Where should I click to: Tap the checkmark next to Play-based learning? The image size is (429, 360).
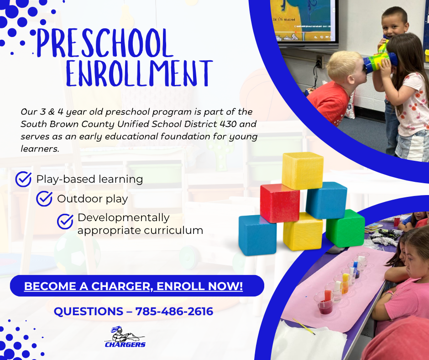tap(23, 179)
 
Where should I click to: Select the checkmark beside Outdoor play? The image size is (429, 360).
tap(44, 199)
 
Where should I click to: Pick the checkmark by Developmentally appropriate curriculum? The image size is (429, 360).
tap(65, 221)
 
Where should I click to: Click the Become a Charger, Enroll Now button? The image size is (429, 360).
tap(133, 286)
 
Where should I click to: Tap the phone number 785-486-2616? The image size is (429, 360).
tap(174, 312)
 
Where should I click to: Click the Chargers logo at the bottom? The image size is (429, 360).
tap(125, 337)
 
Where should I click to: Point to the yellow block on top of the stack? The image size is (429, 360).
tap(302, 170)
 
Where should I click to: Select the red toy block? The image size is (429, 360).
tap(279, 203)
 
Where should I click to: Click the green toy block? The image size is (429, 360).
tap(345, 228)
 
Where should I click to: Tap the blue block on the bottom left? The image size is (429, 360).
tap(257, 235)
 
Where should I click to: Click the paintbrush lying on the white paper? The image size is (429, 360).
tap(303, 326)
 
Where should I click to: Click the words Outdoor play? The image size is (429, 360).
tap(92, 199)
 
